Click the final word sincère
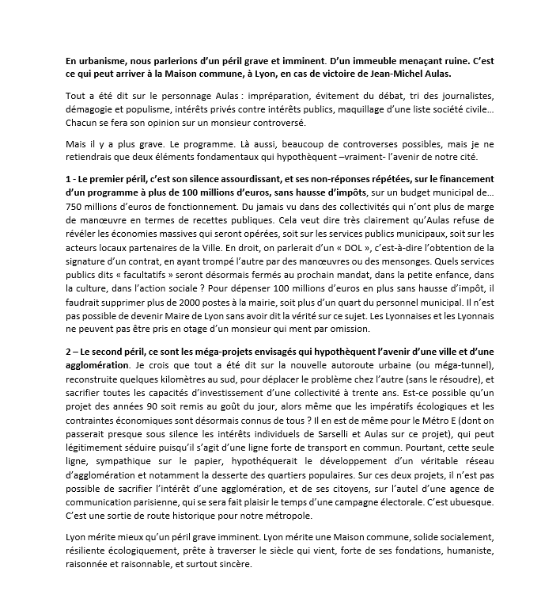click(234, 565)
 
